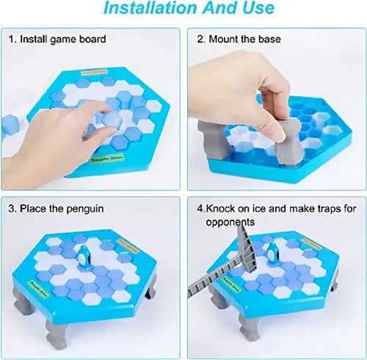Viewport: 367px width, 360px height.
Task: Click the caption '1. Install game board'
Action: pyautogui.click(x=57, y=39)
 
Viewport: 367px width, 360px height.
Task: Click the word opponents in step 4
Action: pyautogui.click(x=230, y=221)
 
